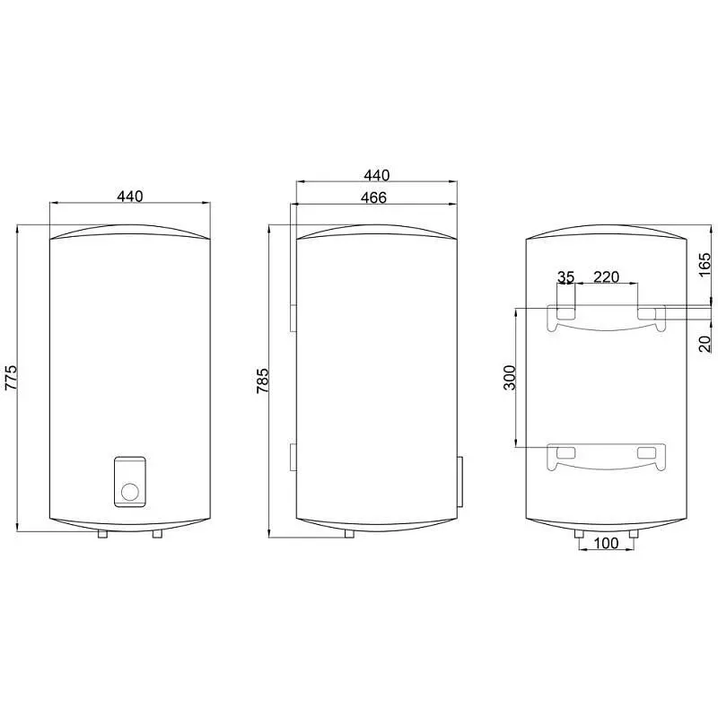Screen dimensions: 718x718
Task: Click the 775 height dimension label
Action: pyautogui.click(x=11, y=377)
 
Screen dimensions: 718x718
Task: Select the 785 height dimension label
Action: pyautogui.click(x=263, y=381)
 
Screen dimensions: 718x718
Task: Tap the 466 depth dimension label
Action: pyautogui.click(x=373, y=197)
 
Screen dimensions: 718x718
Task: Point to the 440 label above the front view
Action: pyautogui.click(x=130, y=196)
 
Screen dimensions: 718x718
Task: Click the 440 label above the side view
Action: pyautogui.click(x=376, y=175)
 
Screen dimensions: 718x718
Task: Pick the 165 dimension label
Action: pyautogui.click(x=705, y=264)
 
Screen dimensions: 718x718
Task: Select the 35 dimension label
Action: pyautogui.click(x=565, y=277)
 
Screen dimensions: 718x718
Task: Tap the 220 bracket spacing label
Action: pyautogui.click(x=607, y=277)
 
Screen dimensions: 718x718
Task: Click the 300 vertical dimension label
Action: pyautogui.click(x=510, y=377)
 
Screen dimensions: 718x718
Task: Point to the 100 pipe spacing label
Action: pyautogui.click(x=606, y=543)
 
